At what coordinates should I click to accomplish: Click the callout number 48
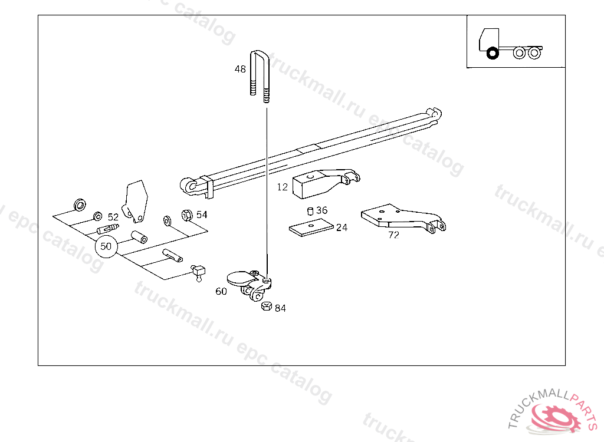(x=240, y=69)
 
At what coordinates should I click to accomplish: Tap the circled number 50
(x=106, y=246)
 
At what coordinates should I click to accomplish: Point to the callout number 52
(x=113, y=217)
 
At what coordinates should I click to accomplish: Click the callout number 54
(x=202, y=215)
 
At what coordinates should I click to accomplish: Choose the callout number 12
(x=283, y=187)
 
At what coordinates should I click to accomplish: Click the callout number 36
(x=321, y=210)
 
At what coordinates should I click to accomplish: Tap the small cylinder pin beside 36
(x=310, y=211)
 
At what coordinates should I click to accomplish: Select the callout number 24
(x=342, y=227)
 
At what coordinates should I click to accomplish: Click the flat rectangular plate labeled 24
(x=311, y=227)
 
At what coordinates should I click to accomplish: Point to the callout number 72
(x=393, y=234)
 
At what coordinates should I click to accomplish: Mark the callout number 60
(x=221, y=291)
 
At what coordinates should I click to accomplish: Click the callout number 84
(x=280, y=308)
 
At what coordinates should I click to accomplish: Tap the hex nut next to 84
(x=265, y=306)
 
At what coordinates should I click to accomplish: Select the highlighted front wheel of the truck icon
(x=492, y=54)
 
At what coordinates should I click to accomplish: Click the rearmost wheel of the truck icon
(x=534, y=53)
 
